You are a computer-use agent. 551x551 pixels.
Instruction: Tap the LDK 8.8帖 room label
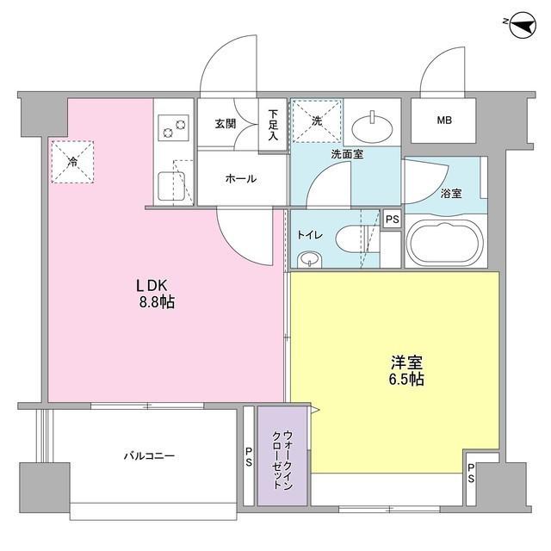click(x=155, y=294)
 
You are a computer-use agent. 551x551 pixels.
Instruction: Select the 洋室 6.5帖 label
click(x=405, y=370)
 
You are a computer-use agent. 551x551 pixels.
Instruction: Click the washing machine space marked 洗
click(x=316, y=121)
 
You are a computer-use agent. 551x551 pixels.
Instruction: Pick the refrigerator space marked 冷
click(x=72, y=160)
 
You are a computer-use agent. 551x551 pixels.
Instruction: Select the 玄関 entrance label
click(x=226, y=124)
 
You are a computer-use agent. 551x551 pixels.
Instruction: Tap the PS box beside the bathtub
click(x=392, y=220)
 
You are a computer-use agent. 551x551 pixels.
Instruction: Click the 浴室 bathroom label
click(x=451, y=194)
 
